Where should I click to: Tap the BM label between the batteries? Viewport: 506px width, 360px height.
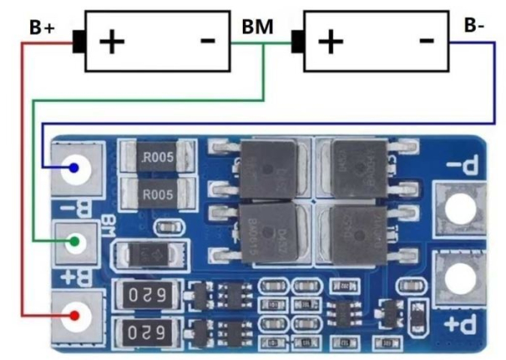(256, 27)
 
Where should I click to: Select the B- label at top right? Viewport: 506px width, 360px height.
(474, 24)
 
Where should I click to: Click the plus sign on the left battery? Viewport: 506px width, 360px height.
(111, 40)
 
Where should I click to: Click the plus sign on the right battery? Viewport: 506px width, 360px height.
(330, 40)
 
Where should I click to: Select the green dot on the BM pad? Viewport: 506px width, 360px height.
(76, 242)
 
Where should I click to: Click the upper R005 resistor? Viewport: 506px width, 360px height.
(158, 158)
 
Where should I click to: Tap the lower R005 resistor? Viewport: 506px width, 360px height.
(158, 195)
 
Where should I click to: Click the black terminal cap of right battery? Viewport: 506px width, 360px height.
(296, 40)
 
